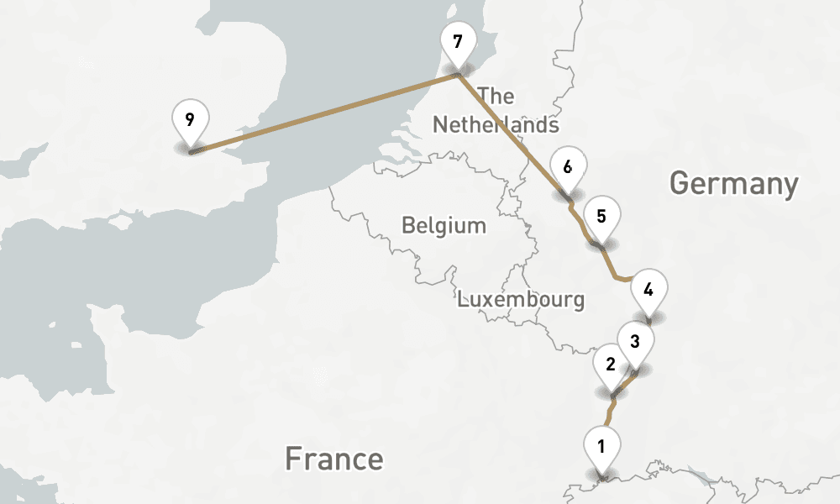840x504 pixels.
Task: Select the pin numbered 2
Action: [x=611, y=365]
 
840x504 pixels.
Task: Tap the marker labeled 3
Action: [x=635, y=343]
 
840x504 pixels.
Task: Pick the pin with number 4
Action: [x=648, y=291]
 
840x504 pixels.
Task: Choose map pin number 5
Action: [x=601, y=217]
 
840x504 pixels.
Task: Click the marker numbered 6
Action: [x=568, y=168]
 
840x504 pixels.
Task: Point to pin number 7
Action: [x=458, y=43]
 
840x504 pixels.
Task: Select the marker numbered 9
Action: [x=190, y=119]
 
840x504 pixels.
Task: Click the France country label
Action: [x=333, y=459]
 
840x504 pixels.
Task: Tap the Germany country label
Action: [x=733, y=183]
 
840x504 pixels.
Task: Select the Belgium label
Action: [x=444, y=226]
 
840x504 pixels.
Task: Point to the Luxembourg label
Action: [x=521, y=299]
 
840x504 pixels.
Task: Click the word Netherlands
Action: [x=495, y=125]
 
